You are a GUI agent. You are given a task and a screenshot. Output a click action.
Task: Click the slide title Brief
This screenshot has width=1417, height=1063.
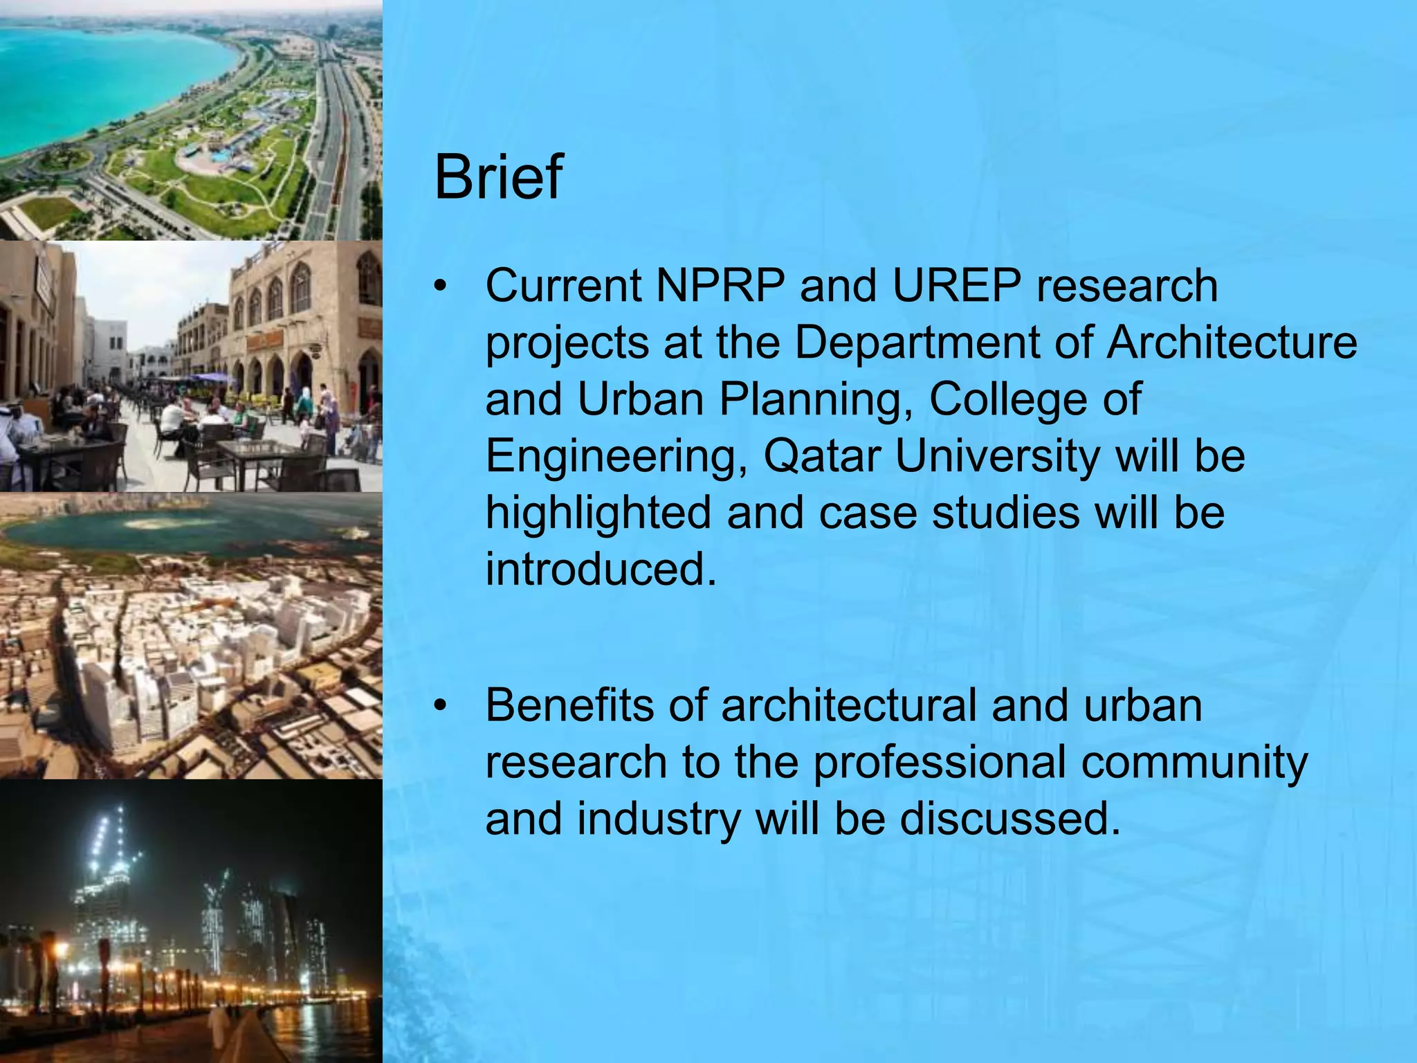tap(498, 177)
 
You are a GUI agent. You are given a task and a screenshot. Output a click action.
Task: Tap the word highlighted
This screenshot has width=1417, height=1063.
tap(598, 514)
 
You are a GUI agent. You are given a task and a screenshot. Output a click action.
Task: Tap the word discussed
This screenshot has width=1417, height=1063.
tap(1009, 819)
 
